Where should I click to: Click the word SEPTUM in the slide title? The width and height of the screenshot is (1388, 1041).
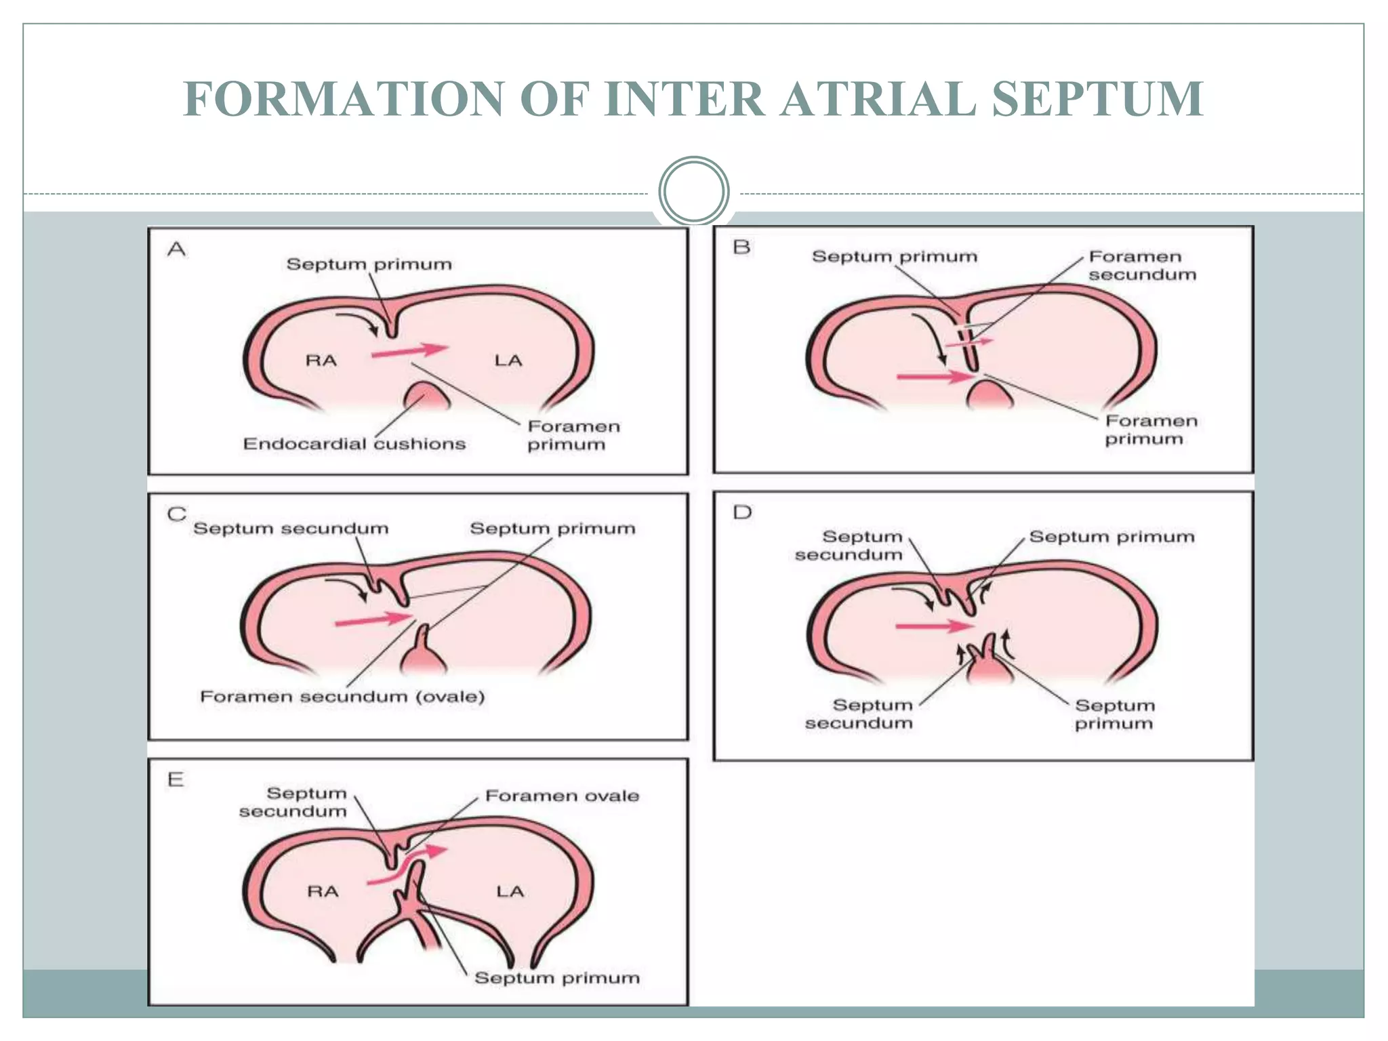[1097, 99]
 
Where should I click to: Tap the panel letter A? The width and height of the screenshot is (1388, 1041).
[176, 249]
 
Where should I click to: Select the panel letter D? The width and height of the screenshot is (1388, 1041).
[742, 512]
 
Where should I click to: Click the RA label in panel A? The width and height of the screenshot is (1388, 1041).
[321, 361]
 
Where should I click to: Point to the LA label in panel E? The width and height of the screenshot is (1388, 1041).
[510, 891]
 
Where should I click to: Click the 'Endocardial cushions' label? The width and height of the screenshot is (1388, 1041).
[354, 444]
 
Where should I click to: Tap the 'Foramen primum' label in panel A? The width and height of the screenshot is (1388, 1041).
[573, 435]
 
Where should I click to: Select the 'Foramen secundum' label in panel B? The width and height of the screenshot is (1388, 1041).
[1142, 266]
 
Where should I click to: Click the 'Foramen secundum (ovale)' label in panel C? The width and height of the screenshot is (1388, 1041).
[342, 697]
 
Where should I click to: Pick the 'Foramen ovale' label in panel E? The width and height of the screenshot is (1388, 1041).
[562, 796]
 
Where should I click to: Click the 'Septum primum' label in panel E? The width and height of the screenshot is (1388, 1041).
[556, 978]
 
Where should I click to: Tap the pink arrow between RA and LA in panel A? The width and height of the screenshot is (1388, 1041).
[409, 351]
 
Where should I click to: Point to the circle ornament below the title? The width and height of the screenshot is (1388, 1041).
[693, 191]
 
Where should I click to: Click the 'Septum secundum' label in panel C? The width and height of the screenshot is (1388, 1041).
[291, 529]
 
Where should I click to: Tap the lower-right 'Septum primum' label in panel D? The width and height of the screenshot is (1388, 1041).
[1114, 714]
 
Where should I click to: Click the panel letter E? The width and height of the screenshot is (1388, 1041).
[176, 779]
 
